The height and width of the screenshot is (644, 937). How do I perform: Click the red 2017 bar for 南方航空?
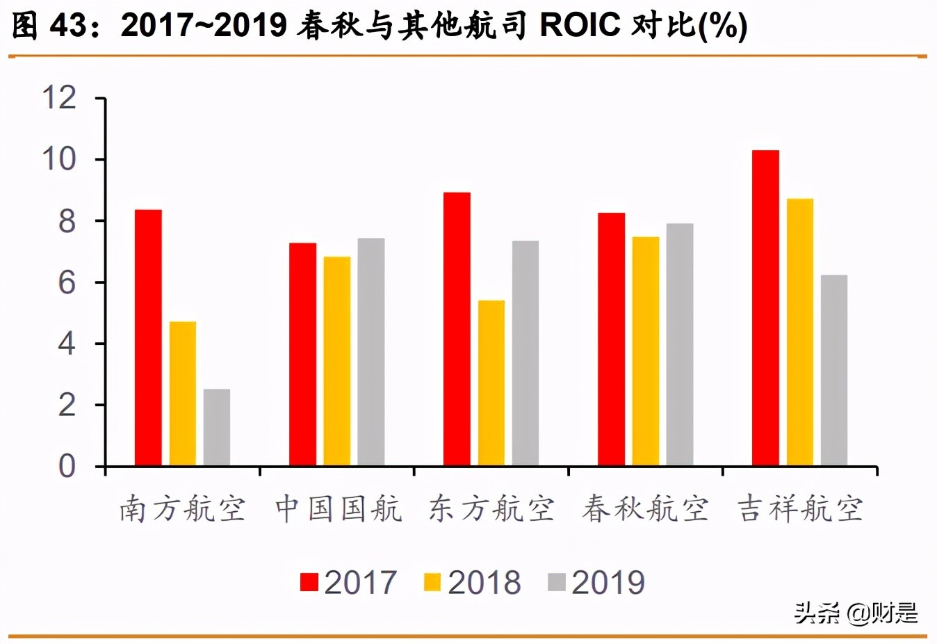(148, 337)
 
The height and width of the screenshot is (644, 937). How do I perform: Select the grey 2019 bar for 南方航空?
(217, 427)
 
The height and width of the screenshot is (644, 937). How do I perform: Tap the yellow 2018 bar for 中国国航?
(337, 361)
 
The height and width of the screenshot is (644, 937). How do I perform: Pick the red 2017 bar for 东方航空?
(457, 329)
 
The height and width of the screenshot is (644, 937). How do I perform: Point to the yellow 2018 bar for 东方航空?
(491, 383)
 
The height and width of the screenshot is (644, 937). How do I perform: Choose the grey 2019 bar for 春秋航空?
(680, 344)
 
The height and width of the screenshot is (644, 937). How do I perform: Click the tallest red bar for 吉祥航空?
(765, 307)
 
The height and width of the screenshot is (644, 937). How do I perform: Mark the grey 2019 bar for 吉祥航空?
(834, 370)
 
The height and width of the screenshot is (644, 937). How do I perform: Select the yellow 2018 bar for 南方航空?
(183, 393)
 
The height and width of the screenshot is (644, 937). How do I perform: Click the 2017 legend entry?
(348, 583)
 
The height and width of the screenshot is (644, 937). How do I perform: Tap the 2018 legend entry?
(473, 583)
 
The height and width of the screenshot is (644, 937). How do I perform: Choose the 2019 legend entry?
(596, 583)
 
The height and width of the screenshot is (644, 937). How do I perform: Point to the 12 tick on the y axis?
(60, 97)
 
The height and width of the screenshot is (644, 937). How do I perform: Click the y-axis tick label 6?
(67, 282)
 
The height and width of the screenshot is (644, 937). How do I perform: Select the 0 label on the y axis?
(67, 466)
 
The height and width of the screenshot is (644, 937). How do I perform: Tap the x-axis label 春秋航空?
(645, 509)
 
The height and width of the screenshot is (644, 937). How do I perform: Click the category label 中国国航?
(338, 509)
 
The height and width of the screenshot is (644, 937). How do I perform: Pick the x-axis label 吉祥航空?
(800, 509)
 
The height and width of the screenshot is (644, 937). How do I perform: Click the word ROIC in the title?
(580, 25)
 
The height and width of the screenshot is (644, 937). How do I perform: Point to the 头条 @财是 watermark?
(856, 613)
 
